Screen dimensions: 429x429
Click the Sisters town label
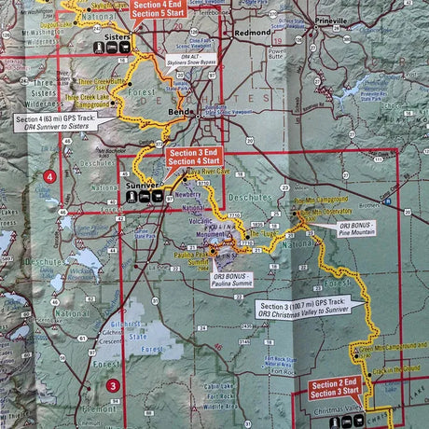click(x=117, y=38)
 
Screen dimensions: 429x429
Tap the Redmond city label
click(x=251, y=33)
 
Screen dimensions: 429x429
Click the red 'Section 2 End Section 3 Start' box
click(x=335, y=390)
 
